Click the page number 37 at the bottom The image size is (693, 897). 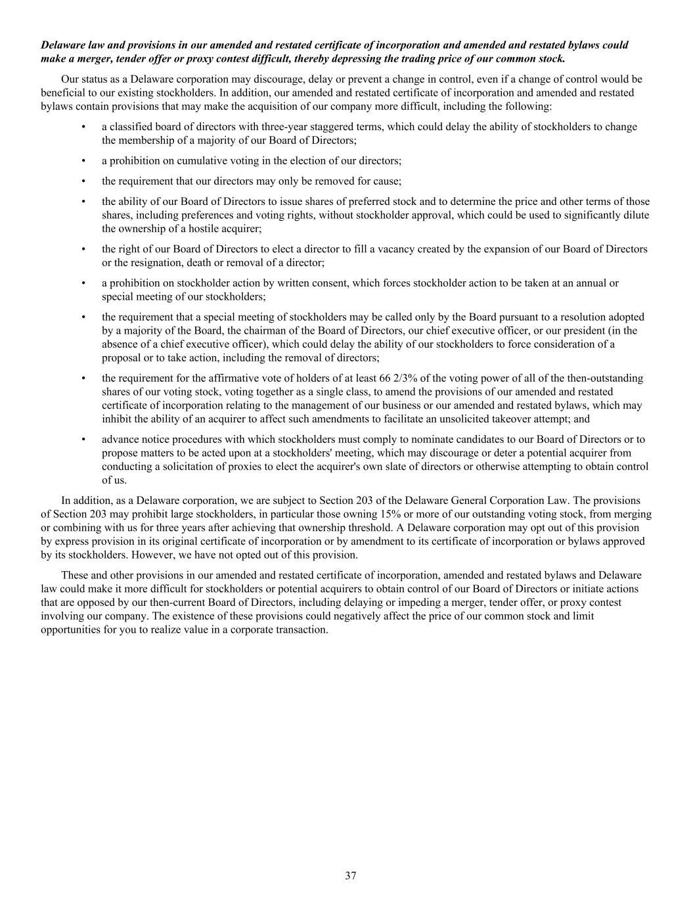click(x=351, y=875)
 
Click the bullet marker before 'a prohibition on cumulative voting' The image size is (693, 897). click(x=83, y=161)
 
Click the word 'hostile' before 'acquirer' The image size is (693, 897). click(x=204, y=229)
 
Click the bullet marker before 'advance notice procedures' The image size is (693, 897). click(x=83, y=440)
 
